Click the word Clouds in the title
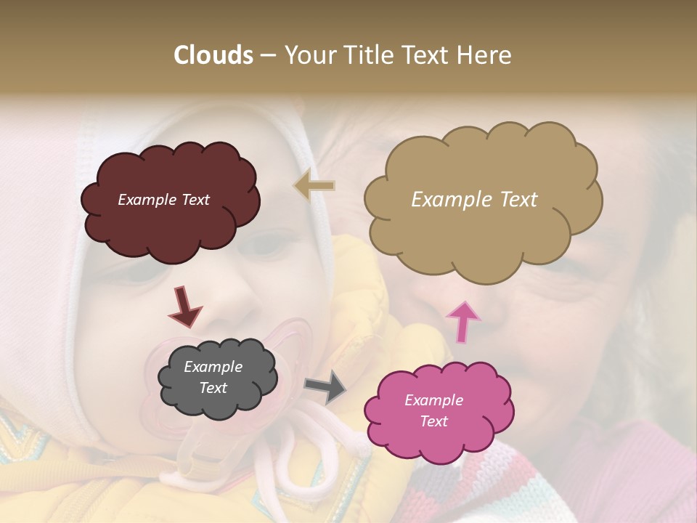pyautogui.click(x=213, y=55)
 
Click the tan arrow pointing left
pyautogui.click(x=314, y=186)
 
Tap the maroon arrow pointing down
pyautogui.click(x=184, y=306)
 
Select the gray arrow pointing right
pyautogui.click(x=325, y=387)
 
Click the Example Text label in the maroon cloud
pyautogui.click(x=163, y=200)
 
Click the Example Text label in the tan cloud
pyautogui.click(x=474, y=200)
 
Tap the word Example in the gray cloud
pyautogui.click(x=213, y=368)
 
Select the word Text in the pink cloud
pyautogui.click(x=433, y=421)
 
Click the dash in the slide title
pyautogui.click(x=267, y=55)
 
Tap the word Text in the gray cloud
pyautogui.click(x=213, y=388)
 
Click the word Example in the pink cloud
pyautogui.click(x=433, y=400)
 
